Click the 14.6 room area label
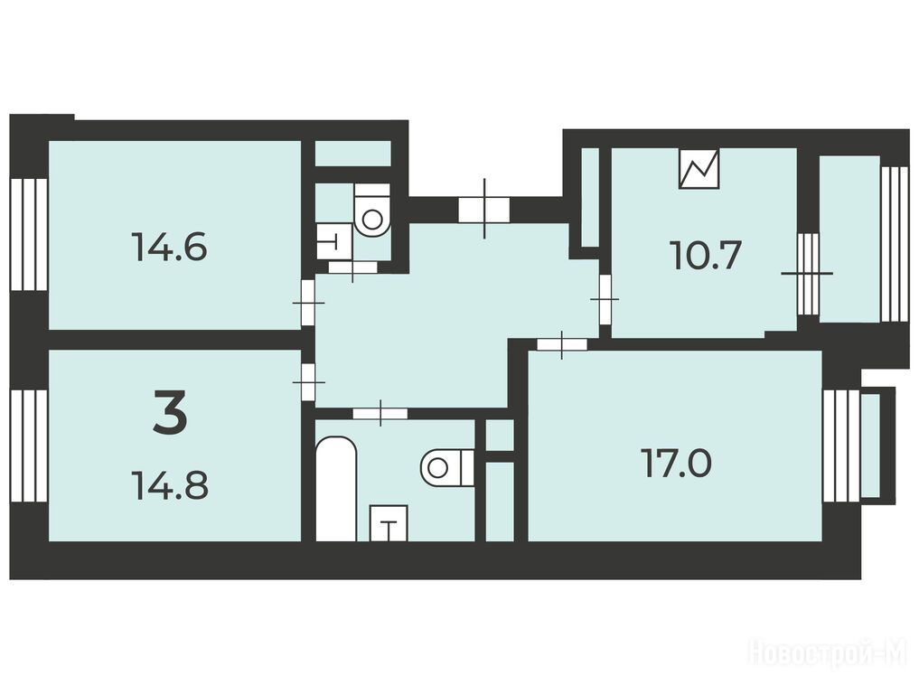tap(170, 247)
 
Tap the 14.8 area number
tap(171, 485)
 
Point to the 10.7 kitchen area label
tap(706, 256)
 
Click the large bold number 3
tap(170, 413)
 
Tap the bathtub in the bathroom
tap(336, 488)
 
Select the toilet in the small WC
tap(372, 211)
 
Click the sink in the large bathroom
tap(389, 523)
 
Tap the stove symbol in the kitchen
tap(699, 168)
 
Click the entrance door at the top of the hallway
tap(484, 209)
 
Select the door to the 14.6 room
tap(308, 303)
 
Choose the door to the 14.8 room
tap(308, 381)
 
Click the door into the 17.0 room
tap(562, 344)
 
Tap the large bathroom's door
tap(380, 413)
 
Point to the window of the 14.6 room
tap(29, 234)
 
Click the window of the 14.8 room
tap(29, 445)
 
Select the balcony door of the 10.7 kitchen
tap(808, 273)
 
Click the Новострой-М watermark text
tap(828, 652)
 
